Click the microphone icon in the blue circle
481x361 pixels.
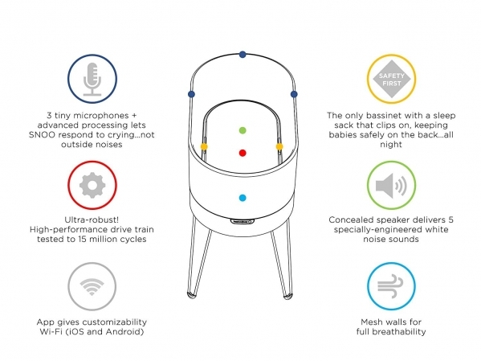(92, 79)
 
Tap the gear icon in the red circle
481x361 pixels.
(92, 185)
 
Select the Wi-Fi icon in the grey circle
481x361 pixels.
(92, 287)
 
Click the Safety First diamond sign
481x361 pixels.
(391, 79)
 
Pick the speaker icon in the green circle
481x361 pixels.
(391, 186)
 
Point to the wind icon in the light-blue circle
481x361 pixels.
(390, 286)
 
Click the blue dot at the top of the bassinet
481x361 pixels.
(243, 55)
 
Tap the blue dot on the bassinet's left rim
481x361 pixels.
(191, 94)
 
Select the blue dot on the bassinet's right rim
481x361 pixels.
(294, 94)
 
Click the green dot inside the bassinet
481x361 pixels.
(243, 130)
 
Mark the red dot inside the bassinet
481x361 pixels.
(243, 153)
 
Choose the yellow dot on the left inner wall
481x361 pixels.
(204, 146)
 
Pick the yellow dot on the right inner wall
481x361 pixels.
(279, 146)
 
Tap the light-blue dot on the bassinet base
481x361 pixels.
(243, 198)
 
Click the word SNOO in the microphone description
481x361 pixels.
(42, 135)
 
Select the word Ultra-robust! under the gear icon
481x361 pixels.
(92, 219)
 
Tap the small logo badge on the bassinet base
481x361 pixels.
(242, 221)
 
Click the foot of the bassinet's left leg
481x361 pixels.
(191, 296)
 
